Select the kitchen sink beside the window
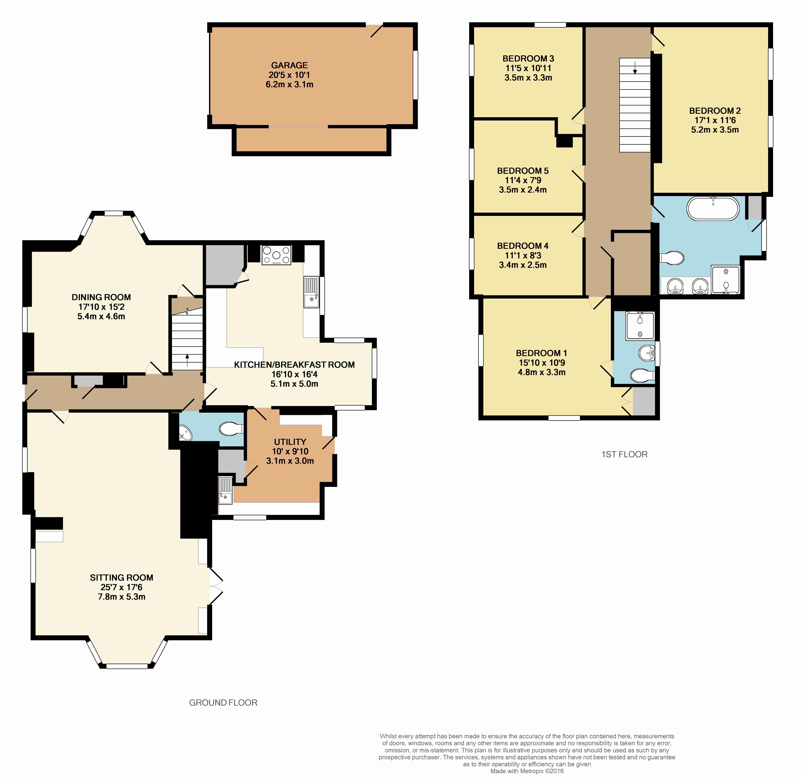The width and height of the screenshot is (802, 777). point(311,292)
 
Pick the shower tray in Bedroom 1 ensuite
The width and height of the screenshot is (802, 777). point(640,326)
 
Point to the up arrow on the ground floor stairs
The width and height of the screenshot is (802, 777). point(187,360)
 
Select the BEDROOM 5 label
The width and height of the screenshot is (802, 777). point(523,171)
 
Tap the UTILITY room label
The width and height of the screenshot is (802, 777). point(290,442)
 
